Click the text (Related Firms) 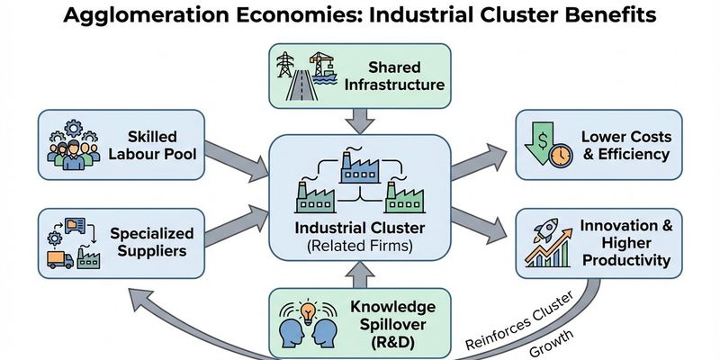tap(359, 246)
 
